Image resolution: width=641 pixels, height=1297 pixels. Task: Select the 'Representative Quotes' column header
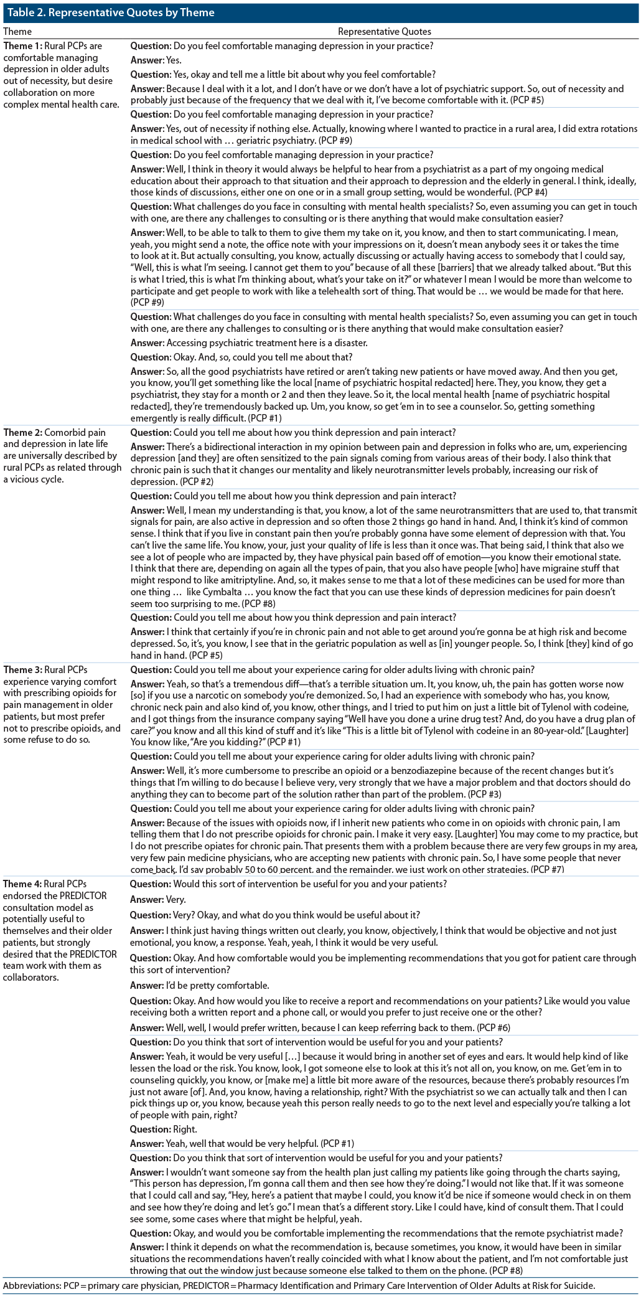click(384, 31)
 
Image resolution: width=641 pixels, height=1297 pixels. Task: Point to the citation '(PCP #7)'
click(547, 869)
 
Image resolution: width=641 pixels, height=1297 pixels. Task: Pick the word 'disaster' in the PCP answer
click(349, 342)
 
